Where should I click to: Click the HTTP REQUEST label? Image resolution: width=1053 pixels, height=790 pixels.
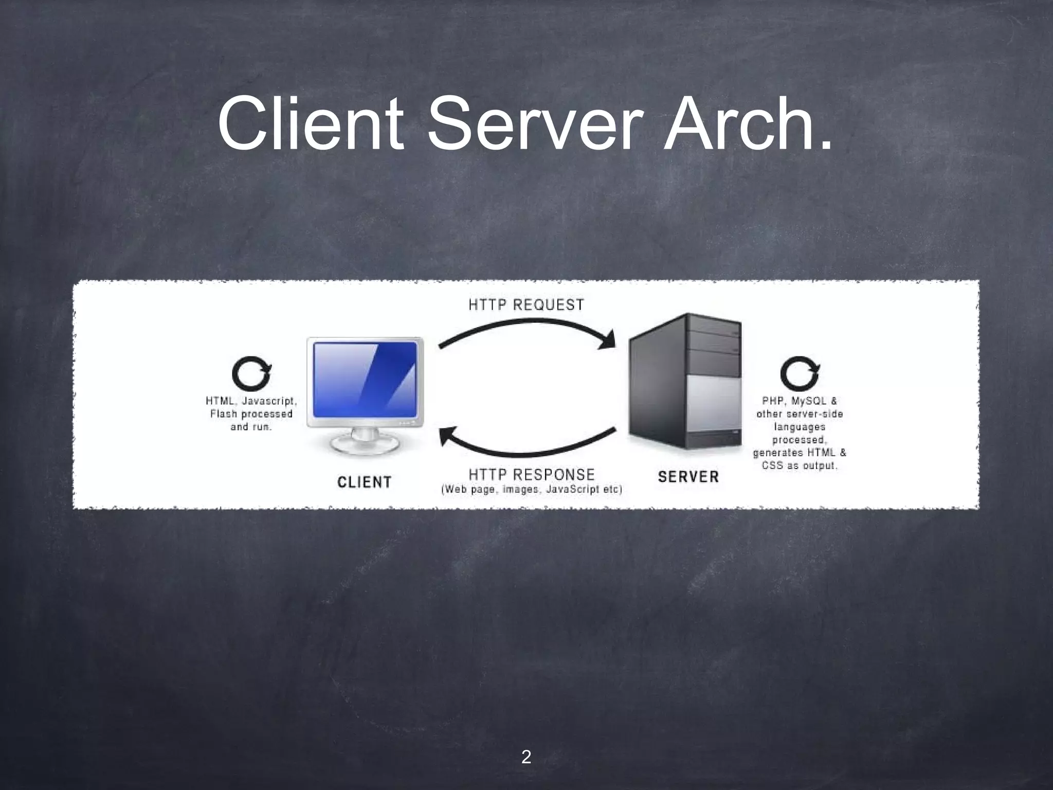526,305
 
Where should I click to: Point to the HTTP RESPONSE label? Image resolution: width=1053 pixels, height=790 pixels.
532,474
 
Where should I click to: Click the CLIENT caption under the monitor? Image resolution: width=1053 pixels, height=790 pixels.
365,482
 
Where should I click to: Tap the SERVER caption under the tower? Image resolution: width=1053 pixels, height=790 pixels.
688,477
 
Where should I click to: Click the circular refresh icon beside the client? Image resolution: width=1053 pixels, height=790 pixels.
251,374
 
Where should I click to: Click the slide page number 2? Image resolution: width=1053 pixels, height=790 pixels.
526,757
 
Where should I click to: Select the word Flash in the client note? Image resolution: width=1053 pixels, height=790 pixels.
223,414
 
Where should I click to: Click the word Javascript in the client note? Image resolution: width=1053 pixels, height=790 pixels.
269,401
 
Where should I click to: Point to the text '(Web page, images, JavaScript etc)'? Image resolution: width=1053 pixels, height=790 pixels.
532,490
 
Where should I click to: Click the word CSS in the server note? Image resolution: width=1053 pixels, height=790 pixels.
772,466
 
